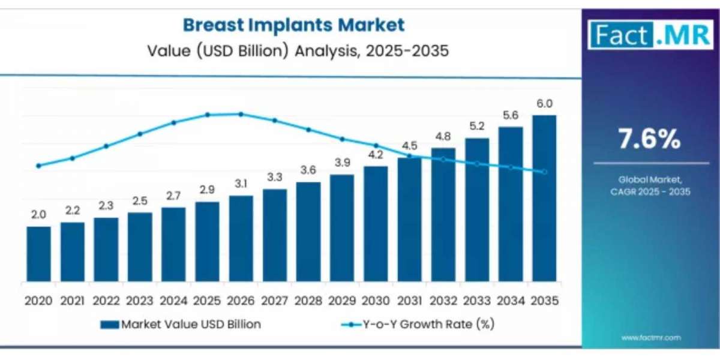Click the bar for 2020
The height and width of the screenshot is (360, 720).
pyautogui.click(x=39, y=254)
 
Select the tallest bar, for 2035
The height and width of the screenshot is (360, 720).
pyautogui.click(x=544, y=198)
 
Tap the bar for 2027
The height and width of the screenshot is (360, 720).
pyautogui.click(x=275, y=235)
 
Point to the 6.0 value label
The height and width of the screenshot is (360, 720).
pyautogui.click(x=544, y=103)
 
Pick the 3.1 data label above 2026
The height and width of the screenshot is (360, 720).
pyautogui.click(x=241, y=184)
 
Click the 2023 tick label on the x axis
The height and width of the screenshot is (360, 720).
pyautogui.click(x=140, y=299)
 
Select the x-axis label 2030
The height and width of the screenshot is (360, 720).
pyautogui.click(x=376, y=299)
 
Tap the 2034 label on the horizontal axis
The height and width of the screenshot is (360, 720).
pyautogui.click(x=511, y=299)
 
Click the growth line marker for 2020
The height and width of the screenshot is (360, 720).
pyautogui.click(x=39, y=166)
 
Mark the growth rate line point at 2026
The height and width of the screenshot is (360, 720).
pyautogui.click(x=241, y=114)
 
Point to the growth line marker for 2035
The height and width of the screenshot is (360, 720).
pyautogui.click(x=544, y=172)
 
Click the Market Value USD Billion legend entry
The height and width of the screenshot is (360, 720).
pyautogui.click(x=181, y=325)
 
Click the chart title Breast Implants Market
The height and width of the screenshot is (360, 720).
pyautogui.click(x=293, y=25)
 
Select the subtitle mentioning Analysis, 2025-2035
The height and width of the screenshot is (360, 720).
pyautogui.click(x=298, y=50)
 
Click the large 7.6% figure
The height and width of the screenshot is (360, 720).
pyautogui.click(x=650, y=140)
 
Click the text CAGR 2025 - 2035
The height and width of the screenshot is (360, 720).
pyautogui.click(x=650, y=192)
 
